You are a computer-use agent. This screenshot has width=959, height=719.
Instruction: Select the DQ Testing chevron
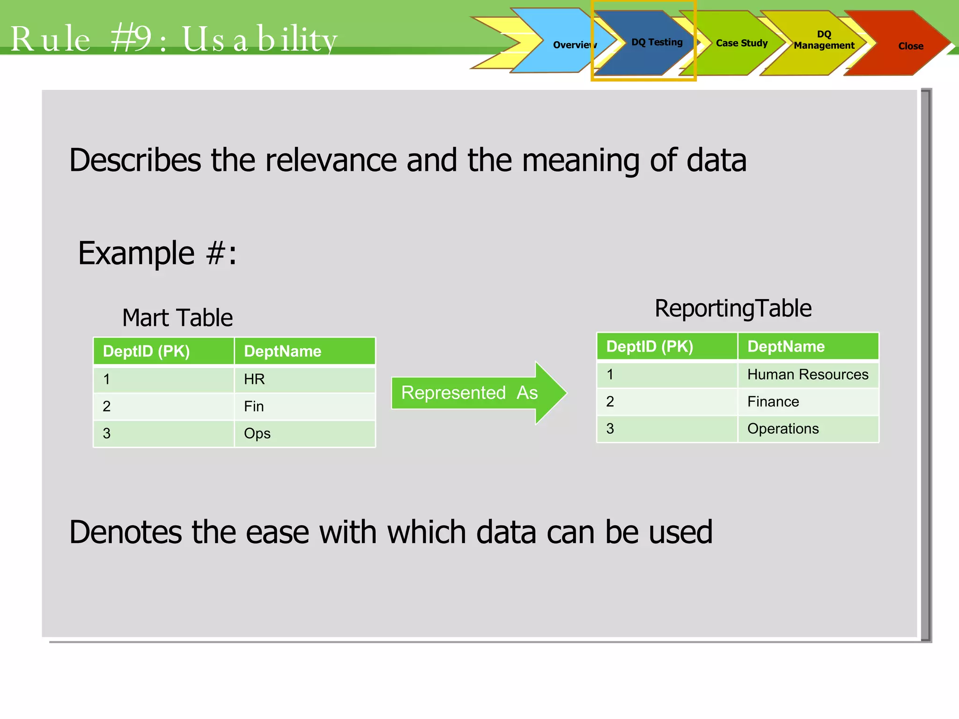[651, 43]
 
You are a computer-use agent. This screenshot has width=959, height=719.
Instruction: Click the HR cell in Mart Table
[304, 379]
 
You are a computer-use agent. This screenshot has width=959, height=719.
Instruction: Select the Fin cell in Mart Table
[304, 406]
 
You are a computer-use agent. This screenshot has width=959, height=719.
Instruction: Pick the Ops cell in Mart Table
[304, 433]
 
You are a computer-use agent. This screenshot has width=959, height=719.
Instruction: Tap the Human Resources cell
[807, 374]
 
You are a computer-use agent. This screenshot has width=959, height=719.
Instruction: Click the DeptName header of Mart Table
[304, 351]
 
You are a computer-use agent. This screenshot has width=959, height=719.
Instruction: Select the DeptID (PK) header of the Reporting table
[666, 346]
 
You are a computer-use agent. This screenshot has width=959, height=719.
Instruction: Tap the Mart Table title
[177, 318]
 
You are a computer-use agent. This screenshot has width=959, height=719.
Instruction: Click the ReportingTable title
[733, 308]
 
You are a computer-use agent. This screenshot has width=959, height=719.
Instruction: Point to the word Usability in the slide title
[259, 39]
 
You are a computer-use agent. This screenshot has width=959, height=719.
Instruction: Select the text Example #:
[157, 253]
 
